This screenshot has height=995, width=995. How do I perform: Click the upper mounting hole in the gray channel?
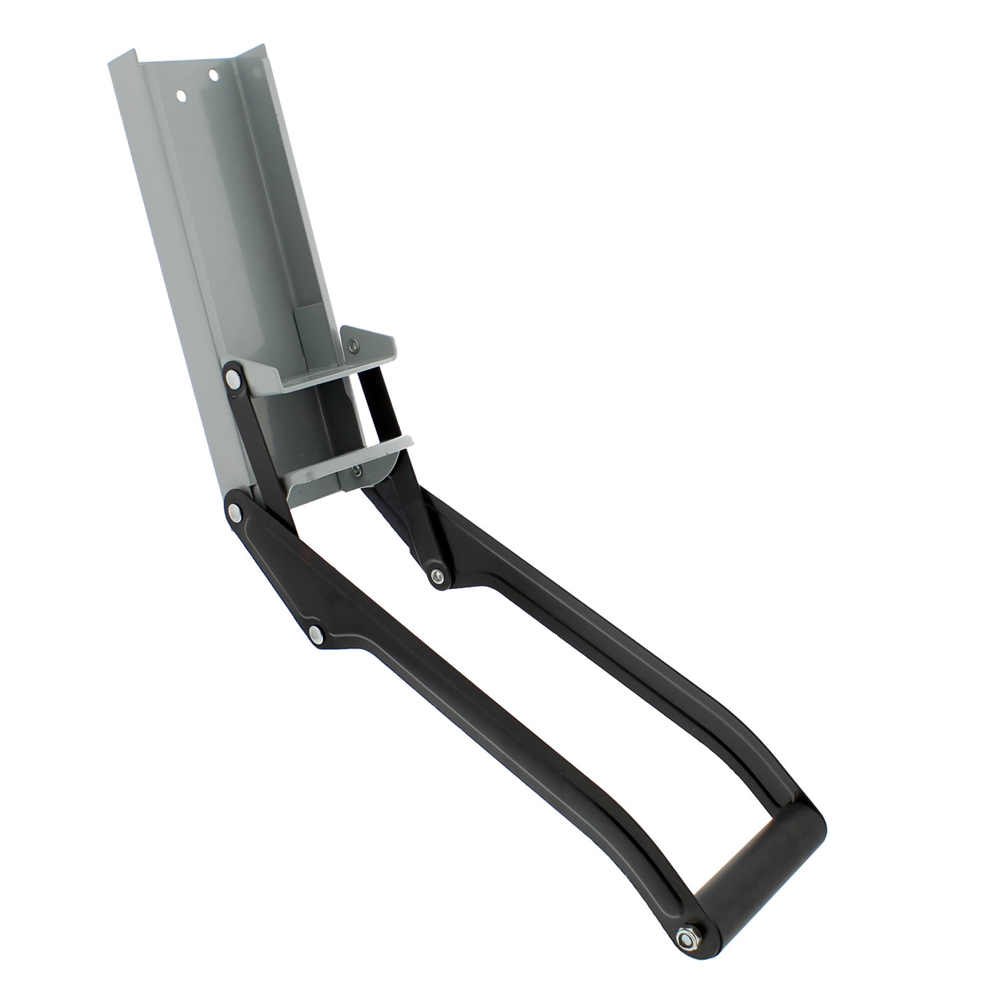pos(213,75)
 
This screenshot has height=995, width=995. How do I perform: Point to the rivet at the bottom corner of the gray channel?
pos(233,510)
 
